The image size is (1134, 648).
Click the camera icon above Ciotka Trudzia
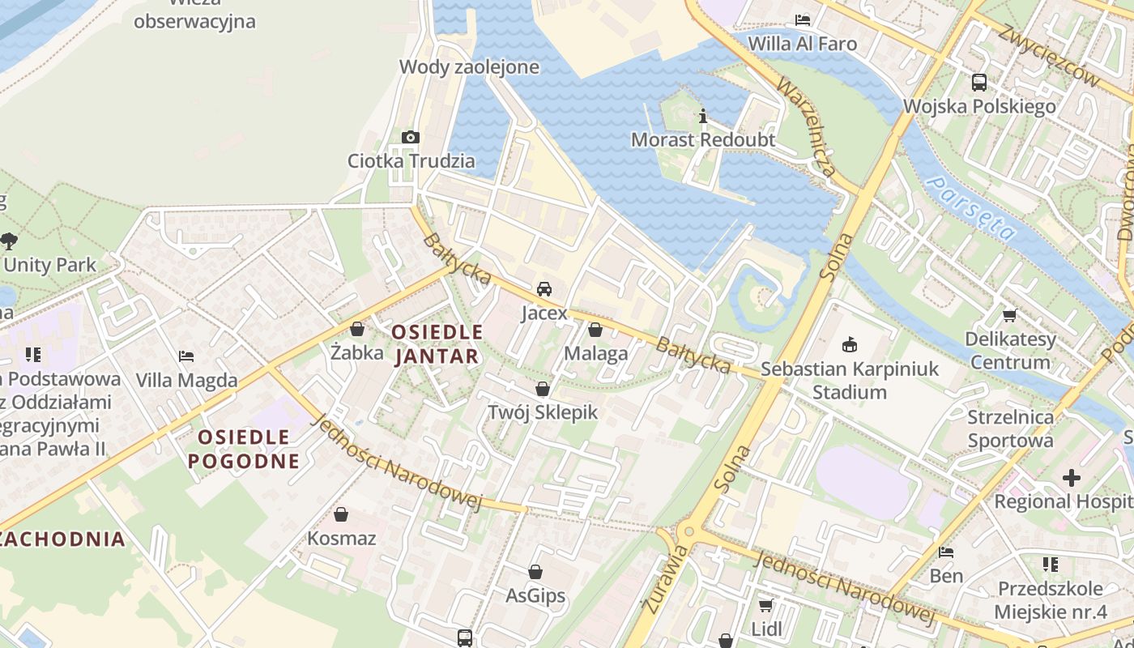coord(411,137)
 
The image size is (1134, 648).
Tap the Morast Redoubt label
coord(703,139)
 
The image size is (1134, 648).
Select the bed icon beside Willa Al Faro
coord(803,19)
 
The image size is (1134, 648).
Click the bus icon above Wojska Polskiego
coord(979,82)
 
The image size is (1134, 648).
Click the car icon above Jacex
coord(544,289)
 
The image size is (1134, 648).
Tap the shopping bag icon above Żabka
coord(357,329)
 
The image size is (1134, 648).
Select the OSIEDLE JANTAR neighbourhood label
coord(437,344)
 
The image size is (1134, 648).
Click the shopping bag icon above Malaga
coord(595,330)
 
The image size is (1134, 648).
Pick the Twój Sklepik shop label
coord(543,412)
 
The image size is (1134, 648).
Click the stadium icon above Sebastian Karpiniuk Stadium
coord(849,346)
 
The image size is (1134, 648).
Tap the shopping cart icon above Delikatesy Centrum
coord(1009,315)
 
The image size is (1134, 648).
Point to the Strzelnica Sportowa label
coord(1011,429)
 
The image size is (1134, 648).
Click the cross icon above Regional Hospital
coord(1071,478)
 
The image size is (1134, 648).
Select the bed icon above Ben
coord(945,552)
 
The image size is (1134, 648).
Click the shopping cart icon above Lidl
coord(765,605)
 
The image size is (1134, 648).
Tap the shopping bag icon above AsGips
coord(535,573)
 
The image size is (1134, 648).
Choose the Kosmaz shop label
coord(341,538)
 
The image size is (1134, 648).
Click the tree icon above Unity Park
coord(10,241)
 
